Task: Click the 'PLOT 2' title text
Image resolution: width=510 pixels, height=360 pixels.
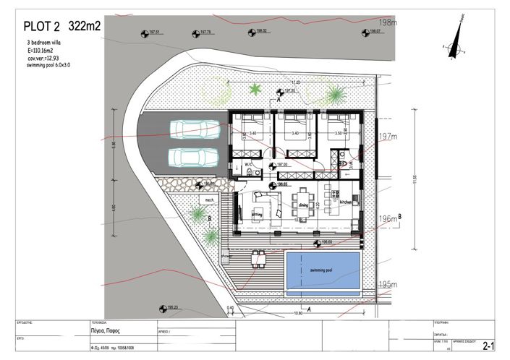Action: [x=42, y=27]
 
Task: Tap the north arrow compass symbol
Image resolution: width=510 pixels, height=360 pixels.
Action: [x=456, y=43]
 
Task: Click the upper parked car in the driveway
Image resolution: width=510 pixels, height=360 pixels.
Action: [x=195, y=129]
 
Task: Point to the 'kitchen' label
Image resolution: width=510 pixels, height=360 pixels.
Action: [x=344, y=203]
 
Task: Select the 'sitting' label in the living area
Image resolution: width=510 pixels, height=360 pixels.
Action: [x=256, y=214]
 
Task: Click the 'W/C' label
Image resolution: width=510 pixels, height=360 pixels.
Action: [x=247, y=164]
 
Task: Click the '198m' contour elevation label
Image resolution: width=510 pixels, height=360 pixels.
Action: [x=388, y=23]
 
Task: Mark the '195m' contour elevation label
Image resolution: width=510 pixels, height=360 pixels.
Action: [x=388, y=284]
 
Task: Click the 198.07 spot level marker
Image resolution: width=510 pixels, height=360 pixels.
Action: [x=371, y=33]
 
